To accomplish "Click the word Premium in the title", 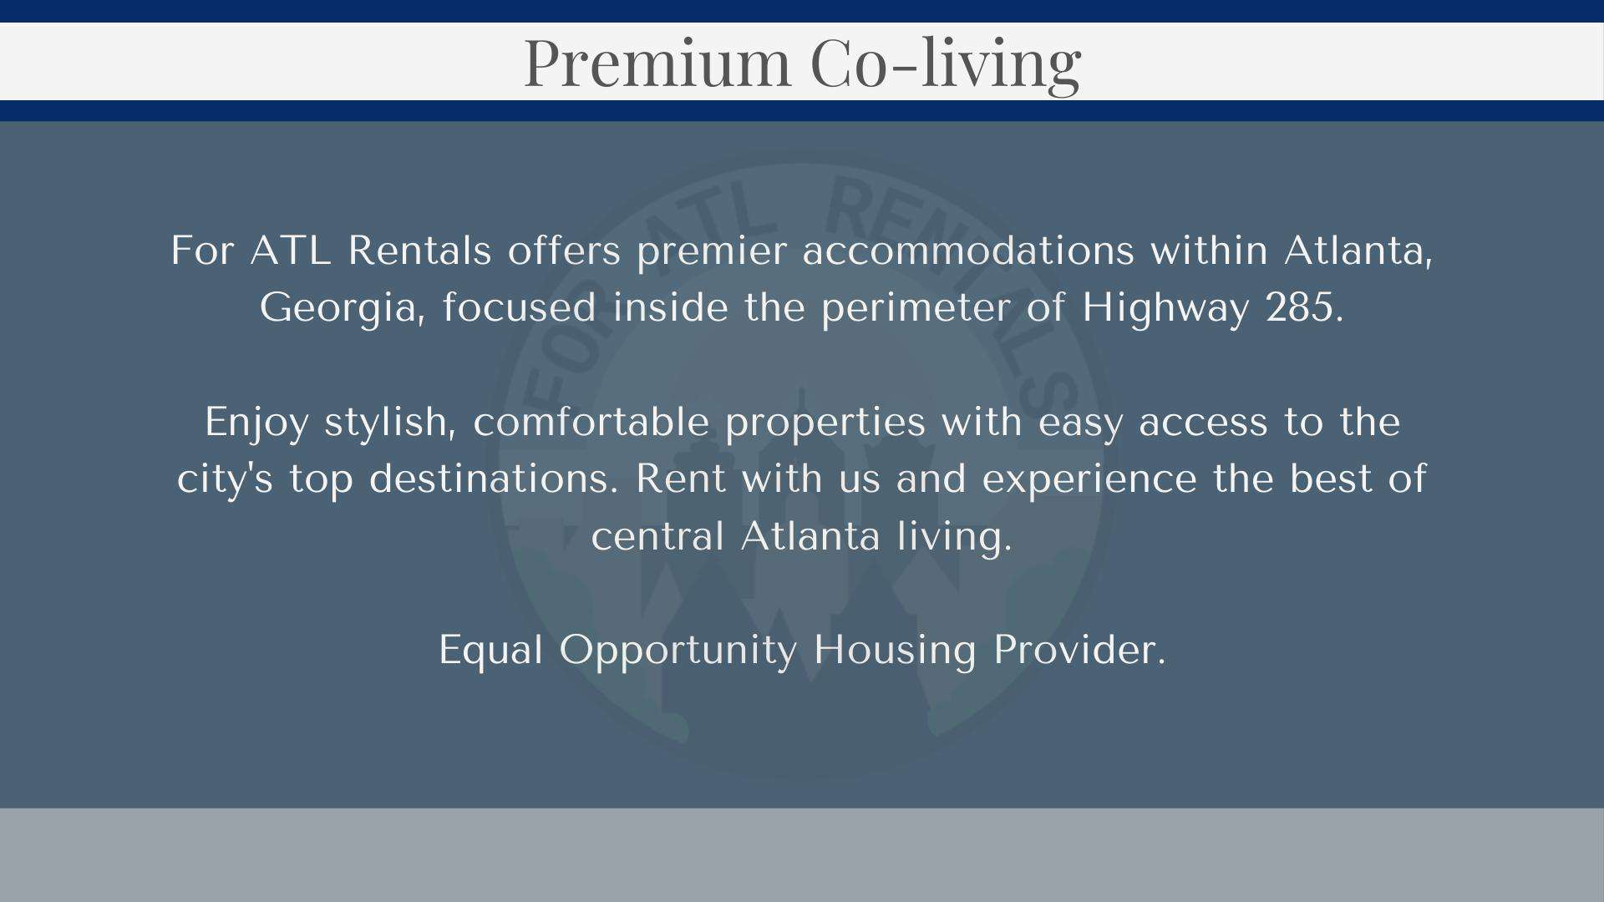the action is (x=657, y=63).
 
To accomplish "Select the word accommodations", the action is (x=968, y=251).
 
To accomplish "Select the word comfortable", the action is (x=591, y=421).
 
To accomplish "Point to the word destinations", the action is (x=494, y=479).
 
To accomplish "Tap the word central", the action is (x=657, y=535).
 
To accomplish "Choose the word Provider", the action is (x=1079, y=649).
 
